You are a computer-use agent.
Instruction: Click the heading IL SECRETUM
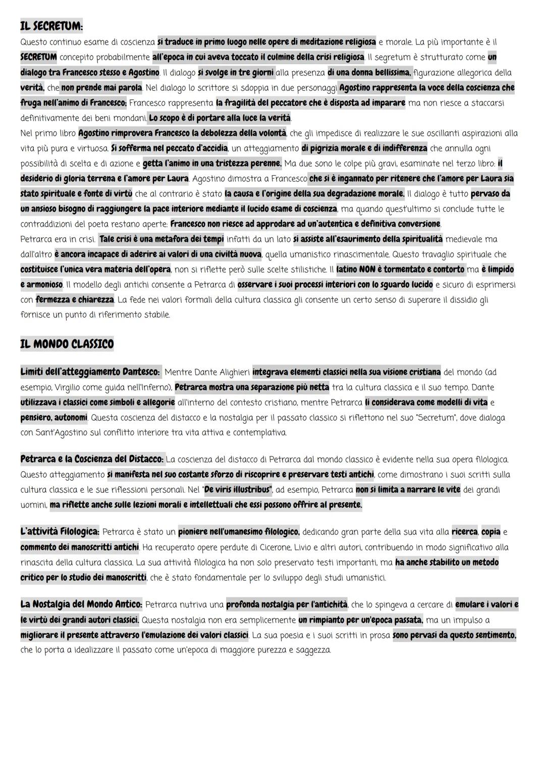51,25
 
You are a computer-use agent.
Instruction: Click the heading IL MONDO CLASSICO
67,344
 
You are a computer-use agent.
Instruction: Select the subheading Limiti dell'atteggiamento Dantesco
90,372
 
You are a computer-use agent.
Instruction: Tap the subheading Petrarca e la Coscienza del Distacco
92,459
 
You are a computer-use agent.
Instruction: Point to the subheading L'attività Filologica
60,532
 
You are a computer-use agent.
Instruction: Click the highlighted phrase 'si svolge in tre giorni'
236,73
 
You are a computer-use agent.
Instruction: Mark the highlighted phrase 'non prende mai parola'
101,88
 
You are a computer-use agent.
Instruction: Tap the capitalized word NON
368,270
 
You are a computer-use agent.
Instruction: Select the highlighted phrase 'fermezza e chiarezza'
75,300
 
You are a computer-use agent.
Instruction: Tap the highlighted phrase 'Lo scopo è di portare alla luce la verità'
220,118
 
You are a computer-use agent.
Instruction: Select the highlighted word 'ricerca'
464,532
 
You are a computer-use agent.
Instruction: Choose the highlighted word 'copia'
491,532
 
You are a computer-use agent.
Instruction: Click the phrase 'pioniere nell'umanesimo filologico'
239,532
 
